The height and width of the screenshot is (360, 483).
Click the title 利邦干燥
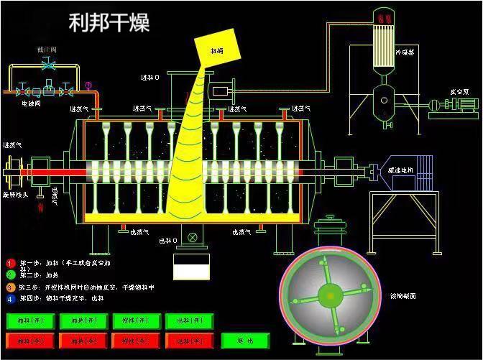tap(109, 22)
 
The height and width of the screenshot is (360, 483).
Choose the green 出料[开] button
tap(188, 320)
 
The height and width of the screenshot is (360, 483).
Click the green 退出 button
tap(246, 339)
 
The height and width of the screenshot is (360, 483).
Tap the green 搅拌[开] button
tap(135, 320)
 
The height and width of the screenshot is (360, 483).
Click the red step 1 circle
tap(11, 263)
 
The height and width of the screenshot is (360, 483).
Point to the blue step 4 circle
tap(11, 297)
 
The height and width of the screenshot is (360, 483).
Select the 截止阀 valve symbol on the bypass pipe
tap(48, 65)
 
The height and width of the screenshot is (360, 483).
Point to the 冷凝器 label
tap(405, 52)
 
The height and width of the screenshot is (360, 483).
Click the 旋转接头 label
tap(15, 195)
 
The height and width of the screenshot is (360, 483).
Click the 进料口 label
tap(150, 77)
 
